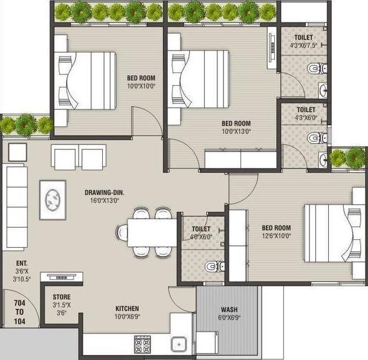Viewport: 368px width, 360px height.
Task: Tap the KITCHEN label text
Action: [x=127, y=308]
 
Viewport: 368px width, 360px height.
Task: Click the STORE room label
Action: [x=62, y=297]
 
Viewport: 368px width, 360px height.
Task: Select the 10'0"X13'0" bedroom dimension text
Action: [x=236, y=130]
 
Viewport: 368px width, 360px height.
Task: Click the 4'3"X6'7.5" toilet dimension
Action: [x=303, y=45]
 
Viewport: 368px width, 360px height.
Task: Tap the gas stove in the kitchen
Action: [x=142, y=344]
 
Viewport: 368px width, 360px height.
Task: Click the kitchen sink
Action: [x=179, y=344]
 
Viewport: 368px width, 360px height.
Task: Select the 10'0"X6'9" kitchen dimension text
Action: [x=127, y=316]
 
